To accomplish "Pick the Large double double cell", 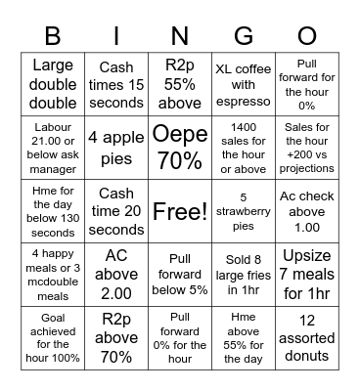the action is pos(53,84).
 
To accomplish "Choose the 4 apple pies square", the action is pos(116,148).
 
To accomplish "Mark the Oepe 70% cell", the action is pos(180,148).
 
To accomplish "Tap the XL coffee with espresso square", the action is pos(243,84).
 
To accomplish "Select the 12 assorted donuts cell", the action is pos(307,338).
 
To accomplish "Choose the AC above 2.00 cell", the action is pos(116,275).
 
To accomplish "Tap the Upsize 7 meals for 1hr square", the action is pos(307,275).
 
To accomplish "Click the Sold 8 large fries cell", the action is pos(243,275).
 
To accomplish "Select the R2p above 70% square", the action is pos(116,338).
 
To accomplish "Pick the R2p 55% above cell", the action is pos(180,84).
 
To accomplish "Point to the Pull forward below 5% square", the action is pos(180,275).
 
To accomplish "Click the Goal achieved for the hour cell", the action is pos(53,338).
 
